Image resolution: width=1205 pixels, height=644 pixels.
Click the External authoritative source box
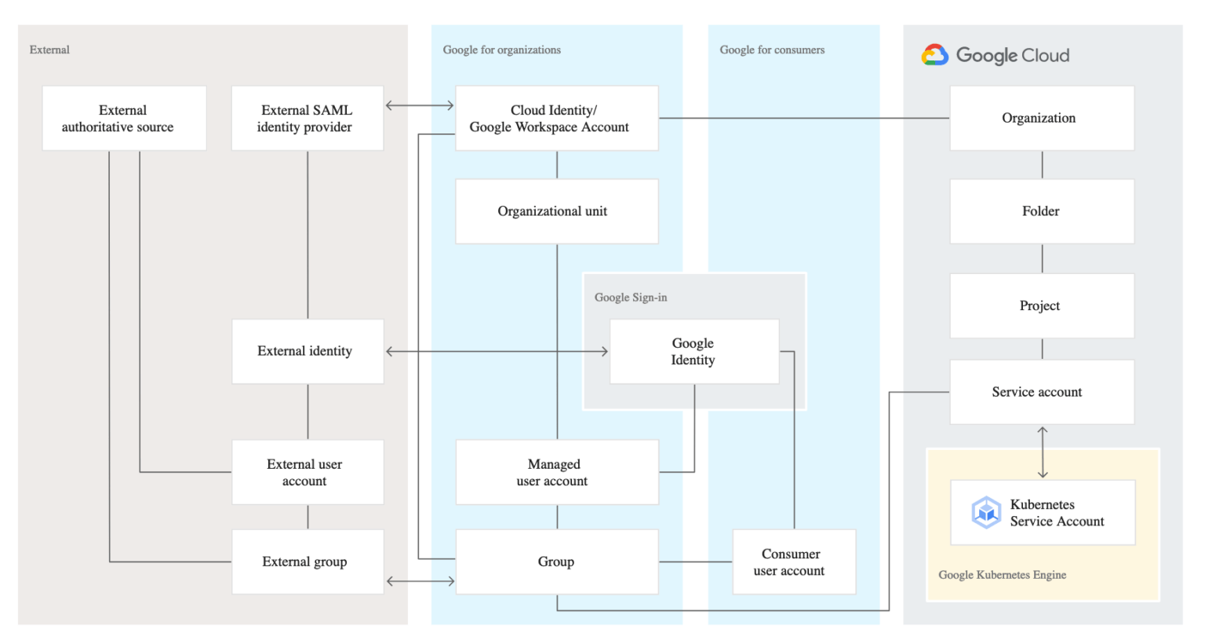(124, 119)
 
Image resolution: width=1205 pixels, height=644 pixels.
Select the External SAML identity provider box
(307, 119)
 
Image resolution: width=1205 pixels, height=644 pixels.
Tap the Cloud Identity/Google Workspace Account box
(556, 119)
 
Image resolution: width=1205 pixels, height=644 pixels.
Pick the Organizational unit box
(556, 211)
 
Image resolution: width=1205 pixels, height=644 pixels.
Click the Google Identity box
(694, 352)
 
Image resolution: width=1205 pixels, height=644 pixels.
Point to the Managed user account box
(556, 472)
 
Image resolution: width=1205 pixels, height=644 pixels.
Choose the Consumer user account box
(793, 562)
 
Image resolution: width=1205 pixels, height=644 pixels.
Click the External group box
(307, 562)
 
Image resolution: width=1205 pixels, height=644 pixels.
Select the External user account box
(307, 472)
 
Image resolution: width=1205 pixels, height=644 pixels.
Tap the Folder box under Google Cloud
(1041, 211)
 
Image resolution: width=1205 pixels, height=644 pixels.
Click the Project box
(1041, 306)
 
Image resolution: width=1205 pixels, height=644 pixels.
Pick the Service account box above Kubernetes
(1041, 392)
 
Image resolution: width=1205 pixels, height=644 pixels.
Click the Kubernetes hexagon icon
(985, 513)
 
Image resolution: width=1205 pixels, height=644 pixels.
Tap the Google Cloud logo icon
(934, 55)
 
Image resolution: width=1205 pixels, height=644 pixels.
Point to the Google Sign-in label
(631, 298)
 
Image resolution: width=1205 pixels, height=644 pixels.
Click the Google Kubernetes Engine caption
(1002, 575)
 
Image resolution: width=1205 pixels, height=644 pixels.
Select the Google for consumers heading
(772, 49)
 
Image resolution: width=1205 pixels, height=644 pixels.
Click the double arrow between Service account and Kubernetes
(1043, 452)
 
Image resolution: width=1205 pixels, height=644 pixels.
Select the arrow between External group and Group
(420, 581)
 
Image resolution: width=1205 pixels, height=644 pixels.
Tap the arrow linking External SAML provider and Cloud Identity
(420, 105)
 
